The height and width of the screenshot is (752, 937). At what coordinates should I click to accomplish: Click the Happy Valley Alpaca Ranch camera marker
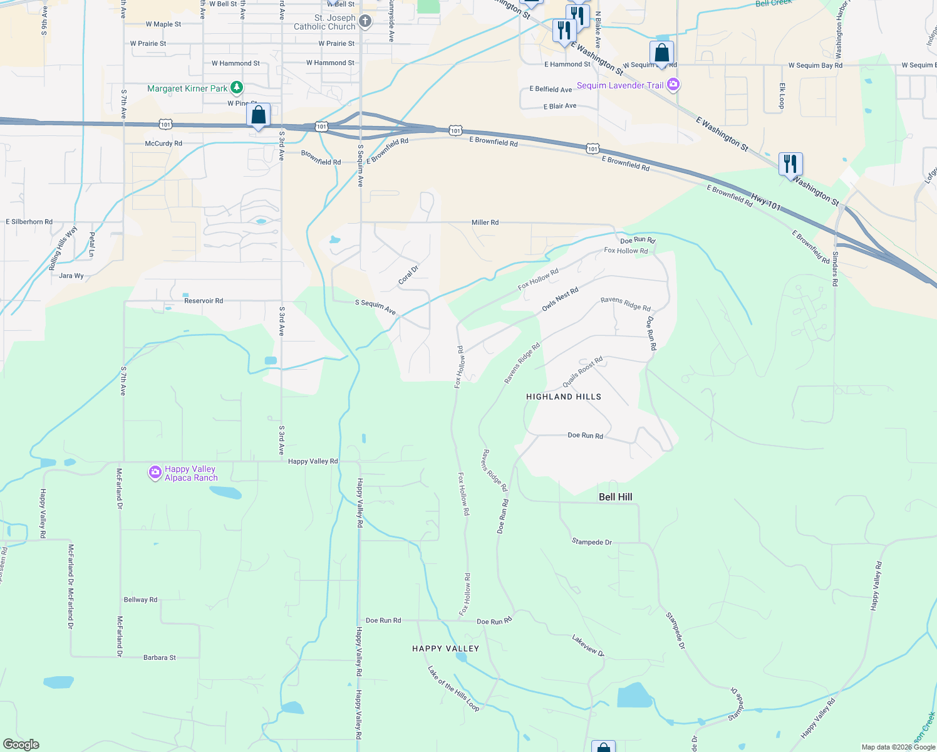pos(155,473)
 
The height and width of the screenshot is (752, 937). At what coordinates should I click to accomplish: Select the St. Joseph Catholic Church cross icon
pos(365,22)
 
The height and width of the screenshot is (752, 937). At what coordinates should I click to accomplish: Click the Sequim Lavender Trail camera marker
pos(673,85)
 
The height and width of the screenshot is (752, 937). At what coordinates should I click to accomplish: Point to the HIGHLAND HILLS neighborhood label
pos(563,397)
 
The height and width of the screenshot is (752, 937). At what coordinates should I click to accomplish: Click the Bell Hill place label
pos(615,497)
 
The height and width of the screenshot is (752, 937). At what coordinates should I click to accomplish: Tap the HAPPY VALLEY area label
pos(445,649)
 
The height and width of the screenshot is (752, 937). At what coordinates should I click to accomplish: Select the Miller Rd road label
pos(485,222)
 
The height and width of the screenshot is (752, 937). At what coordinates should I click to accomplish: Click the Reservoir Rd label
pos(204,301)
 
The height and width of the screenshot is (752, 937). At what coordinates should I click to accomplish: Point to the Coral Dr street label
pos(408,275)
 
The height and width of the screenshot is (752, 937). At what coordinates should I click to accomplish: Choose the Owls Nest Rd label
pos(560,300)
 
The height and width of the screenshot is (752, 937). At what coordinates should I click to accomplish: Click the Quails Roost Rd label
pos(582,372)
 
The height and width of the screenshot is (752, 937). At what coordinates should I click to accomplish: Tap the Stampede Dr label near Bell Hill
pos(591,542)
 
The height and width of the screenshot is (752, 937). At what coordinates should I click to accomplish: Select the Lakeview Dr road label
pos(588,645)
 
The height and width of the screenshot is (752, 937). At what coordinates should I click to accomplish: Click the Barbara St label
pos(160,657)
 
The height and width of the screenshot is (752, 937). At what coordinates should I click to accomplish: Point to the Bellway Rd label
pos(140,600)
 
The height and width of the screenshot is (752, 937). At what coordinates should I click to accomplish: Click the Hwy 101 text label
pos(765,202)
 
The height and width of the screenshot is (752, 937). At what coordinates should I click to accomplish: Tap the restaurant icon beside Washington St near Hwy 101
pos(790,164)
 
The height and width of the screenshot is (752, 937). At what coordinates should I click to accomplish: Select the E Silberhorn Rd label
pos(29,222)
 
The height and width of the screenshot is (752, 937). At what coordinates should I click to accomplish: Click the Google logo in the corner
pos(21,744)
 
